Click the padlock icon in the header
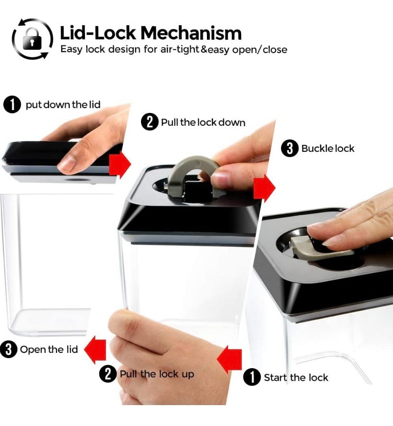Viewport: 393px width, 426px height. [x=31, y=39]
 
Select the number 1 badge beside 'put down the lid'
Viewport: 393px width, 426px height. [x=12, y=104]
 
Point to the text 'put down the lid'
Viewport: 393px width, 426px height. [x=63, y=105]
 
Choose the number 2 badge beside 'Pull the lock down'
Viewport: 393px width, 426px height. [x=150, y=122]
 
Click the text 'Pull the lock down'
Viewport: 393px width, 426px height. [x=203, y=123]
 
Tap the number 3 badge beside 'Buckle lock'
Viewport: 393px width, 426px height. [x=290, y=148]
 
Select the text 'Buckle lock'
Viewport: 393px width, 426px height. [x=328, y=148]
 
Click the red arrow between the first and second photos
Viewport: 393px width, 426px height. [x=120, y=164]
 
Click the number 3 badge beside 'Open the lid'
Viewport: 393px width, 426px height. [x=9, y=350]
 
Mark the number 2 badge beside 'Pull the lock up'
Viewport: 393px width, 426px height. [x=108, y=374]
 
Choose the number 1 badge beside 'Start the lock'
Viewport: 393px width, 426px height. [x=252, y=378]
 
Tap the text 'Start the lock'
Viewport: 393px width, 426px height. [x=296, y=378]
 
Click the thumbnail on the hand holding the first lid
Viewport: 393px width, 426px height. [x=67, y=164]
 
